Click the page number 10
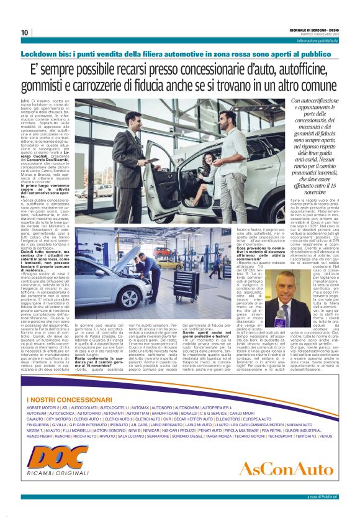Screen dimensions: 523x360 [24, 32]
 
